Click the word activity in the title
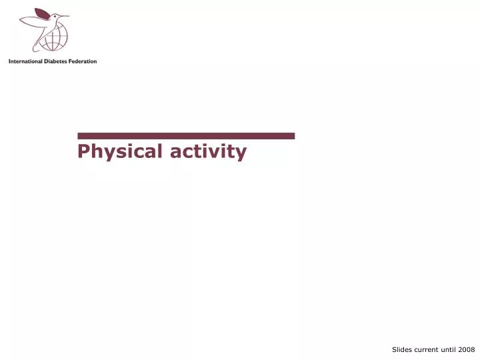208,152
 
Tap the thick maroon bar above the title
186,136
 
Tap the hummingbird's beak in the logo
65,15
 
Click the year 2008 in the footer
466,349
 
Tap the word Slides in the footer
403,349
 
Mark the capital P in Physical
83,152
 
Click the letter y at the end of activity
241,153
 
